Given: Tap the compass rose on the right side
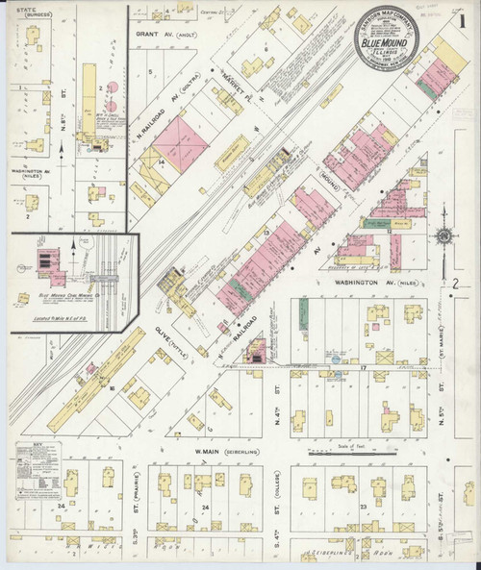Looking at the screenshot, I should [x=444, y=236].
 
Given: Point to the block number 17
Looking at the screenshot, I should [x=365, y=367].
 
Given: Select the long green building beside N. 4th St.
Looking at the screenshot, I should [x=302, y=314].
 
